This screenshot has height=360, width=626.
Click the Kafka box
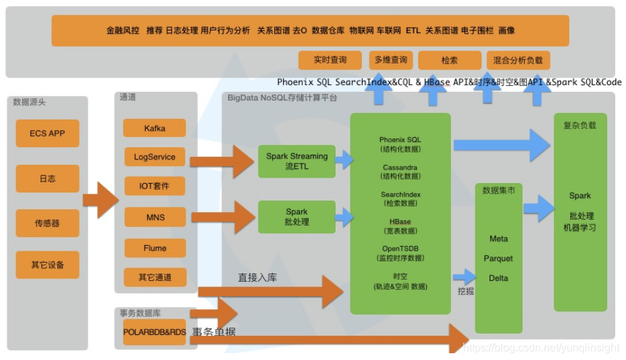click(x=155, y=128)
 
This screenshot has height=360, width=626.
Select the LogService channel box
click(x=155, y=157)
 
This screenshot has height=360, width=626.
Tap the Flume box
click(x=155, y=248)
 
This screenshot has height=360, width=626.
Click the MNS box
click(x=155, y=217)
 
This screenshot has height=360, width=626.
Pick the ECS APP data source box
click(x=47, y=134)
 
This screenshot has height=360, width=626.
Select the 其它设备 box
click(x=47, y=265)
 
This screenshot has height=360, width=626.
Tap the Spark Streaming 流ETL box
click(x=296, y=161)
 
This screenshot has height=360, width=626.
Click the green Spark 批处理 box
click(x=296, y=217)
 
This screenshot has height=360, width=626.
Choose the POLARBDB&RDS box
click(x=154, y=332)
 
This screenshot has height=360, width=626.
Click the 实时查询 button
click(x=330, y=60)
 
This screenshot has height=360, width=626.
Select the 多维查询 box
click(x=390, y=60)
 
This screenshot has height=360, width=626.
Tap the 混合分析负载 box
click(x=518, y=60)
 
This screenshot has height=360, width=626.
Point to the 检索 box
click(x=450, y=60)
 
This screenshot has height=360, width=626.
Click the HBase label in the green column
click(x=400, y=222)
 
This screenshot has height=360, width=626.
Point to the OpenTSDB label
click(x=400, y=249)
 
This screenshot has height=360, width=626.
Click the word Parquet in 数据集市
click(x=498, y=259)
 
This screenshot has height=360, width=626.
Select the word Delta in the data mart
click(x=498, y=278)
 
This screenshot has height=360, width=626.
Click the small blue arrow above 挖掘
click(x=464, y=276)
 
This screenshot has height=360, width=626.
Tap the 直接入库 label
click(x=257, y=278)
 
